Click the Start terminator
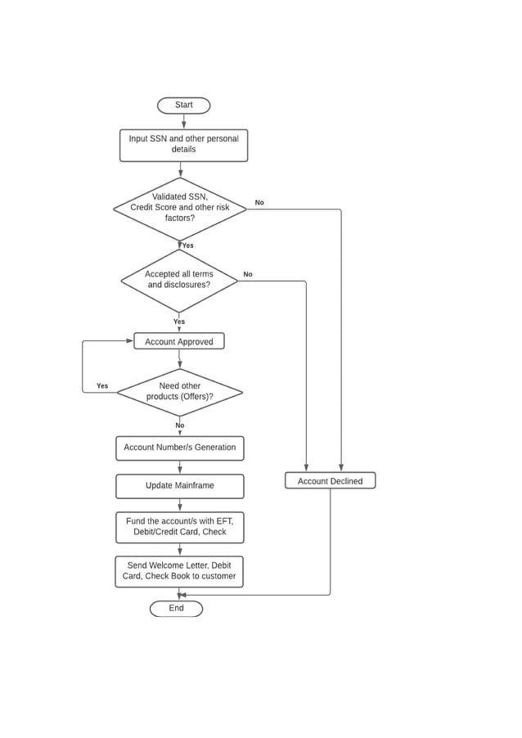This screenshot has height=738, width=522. click(x=183, y=106)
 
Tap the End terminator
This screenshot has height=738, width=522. click(x=176, y=609)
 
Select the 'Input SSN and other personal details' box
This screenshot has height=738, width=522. click(x=183, y=145)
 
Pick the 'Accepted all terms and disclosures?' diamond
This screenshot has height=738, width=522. click(x=179, y=280)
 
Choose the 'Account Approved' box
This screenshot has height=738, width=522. click(x=179, y=341)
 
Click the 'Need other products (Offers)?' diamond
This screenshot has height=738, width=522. click(x=179, y=392)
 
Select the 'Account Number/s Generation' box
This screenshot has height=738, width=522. click(x=179, y=448)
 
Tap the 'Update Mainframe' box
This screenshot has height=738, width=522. click(x=179, y=486)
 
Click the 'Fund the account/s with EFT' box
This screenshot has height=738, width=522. click(x=179, y=527)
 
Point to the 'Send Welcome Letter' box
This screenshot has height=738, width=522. click(x=179, y=571)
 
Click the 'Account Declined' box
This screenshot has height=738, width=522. click(x=330, y=481)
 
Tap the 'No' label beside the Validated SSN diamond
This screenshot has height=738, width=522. click(x=259, y=203)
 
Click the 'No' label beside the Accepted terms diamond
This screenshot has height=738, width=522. click(x=248, y=275)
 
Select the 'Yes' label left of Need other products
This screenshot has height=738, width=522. click(x=102, y=386)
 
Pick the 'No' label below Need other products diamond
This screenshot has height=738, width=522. click(x=180, y=425)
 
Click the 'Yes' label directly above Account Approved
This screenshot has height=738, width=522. click(x=179, y=322)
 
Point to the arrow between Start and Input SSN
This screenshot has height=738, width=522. click(x=183, y=121)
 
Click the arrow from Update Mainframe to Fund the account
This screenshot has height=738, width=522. click(x=179, y=505)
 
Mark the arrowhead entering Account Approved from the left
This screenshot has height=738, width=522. click(x=129, y=341)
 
